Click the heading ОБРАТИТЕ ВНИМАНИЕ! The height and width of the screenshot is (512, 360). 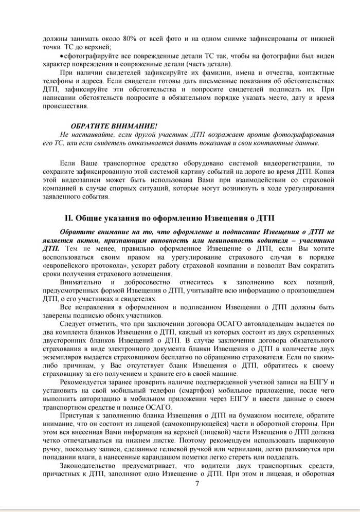[114, 126]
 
